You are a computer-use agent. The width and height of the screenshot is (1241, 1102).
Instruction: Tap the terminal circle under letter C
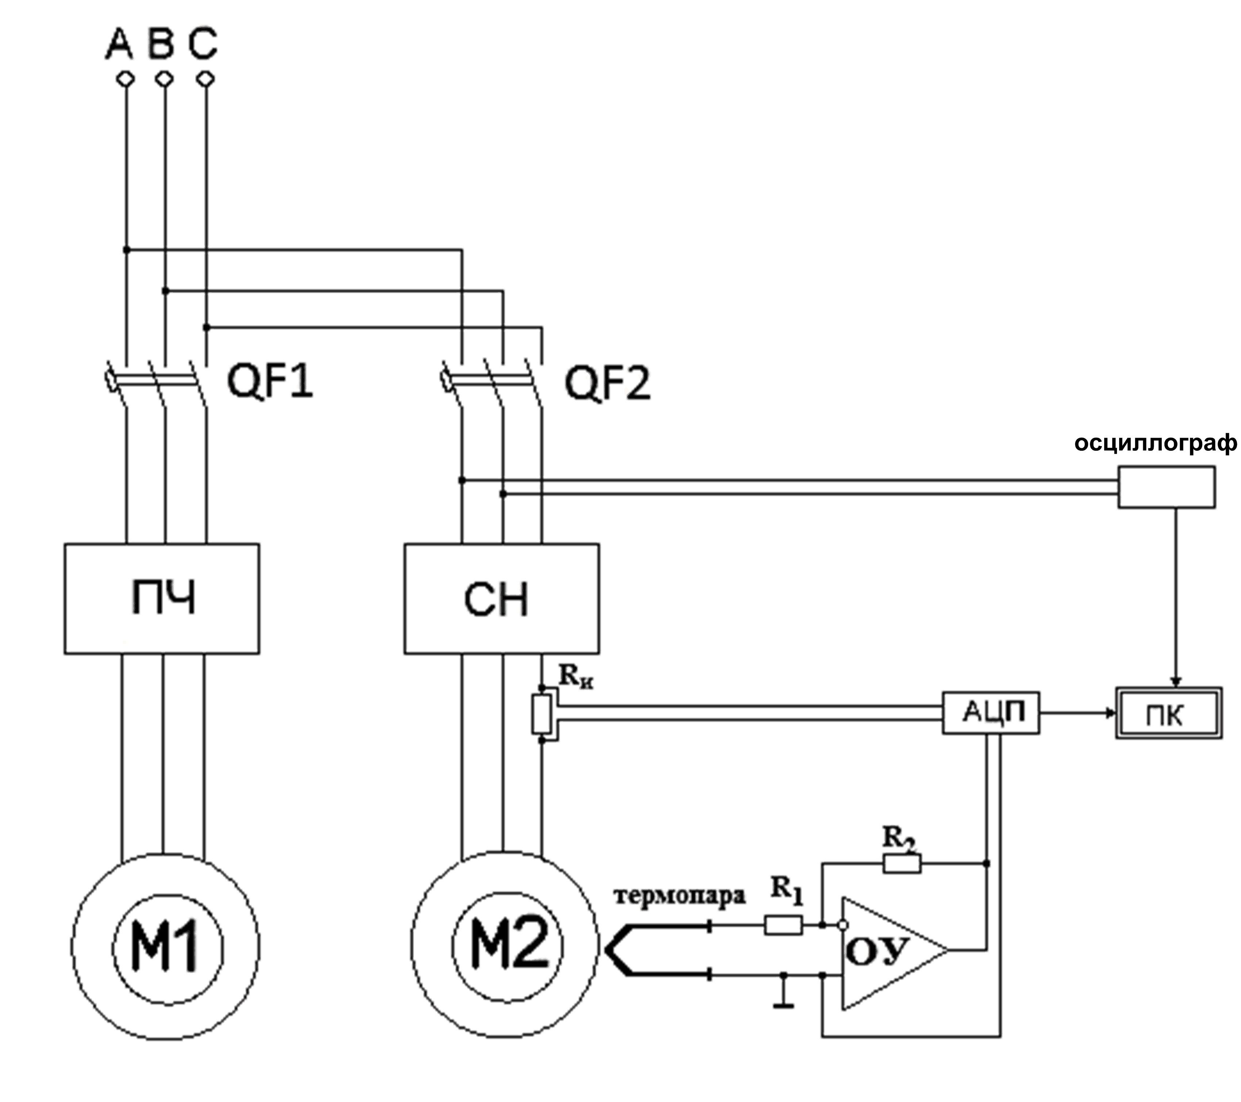[207, 79]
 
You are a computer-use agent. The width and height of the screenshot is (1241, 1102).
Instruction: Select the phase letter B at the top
[161, 45]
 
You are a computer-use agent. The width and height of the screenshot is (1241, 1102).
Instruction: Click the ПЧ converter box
[162, 599]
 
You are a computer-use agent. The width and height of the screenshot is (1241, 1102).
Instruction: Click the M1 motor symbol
[165, 947]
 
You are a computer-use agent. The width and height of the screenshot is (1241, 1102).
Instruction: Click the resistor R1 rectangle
[783, 925]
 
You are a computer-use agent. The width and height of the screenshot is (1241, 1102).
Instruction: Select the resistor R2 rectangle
[902, 863]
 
